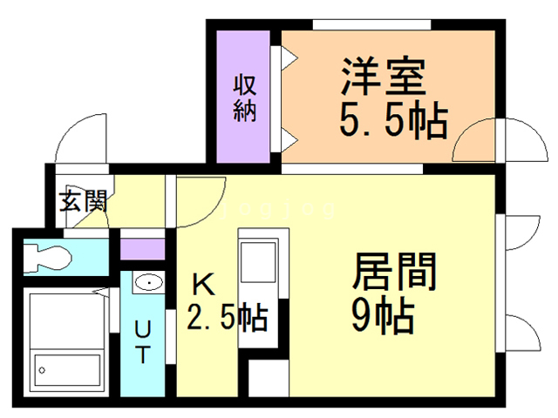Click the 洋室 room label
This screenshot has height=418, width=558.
point(384,77)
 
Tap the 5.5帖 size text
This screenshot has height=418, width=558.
point(393,120)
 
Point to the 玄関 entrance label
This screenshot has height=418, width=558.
point(83,201)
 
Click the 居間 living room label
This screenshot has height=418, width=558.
point(394,272)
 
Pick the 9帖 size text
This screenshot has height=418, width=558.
point(383,315)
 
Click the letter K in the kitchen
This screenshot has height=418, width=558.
point(203,285)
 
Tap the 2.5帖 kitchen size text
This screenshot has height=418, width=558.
point(227,317)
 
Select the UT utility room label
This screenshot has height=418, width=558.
point(143,341)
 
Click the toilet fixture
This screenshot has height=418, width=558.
point(47,256)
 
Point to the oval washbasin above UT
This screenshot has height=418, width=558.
point(149,282)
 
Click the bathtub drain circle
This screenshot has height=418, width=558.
point(42,370)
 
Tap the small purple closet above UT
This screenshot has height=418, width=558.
point(143,249)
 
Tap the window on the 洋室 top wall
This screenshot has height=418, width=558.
point(371,25)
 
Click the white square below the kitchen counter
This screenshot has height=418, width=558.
point(269,378)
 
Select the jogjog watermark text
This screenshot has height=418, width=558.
point(277,209)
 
